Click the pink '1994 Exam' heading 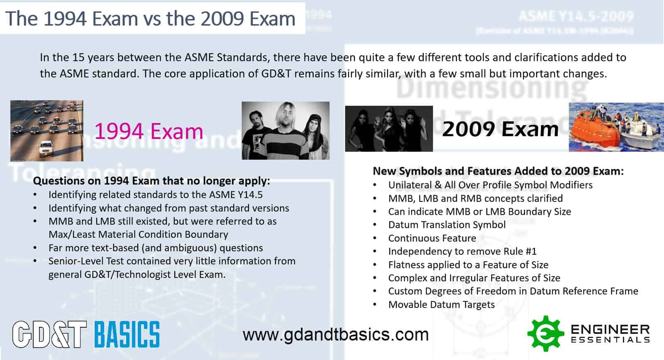[149, 131]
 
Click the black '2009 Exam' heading [500, 129]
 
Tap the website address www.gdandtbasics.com [335, 334]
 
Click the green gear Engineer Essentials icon [545, 333]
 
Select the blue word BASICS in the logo [127, 334]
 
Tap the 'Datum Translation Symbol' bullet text [447, 225]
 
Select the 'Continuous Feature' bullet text [432, 238]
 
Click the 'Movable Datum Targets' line [441, 304]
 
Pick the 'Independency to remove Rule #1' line [462, 251]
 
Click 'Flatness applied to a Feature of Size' [468, 265]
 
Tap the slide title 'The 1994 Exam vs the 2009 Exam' [150, 18]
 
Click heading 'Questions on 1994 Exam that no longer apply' [151, 181]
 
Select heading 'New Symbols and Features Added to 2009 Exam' [498, 171]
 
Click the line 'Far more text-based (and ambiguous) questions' [156, 248]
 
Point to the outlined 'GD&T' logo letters [49, 334]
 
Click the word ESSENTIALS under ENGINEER [610, 340]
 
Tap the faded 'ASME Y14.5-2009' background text [576, 17]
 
